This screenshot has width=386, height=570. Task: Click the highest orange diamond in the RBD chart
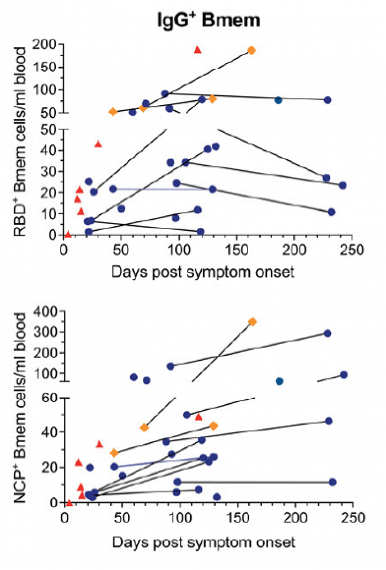click(251, 50)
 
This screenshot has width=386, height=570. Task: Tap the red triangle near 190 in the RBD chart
click(197, 50)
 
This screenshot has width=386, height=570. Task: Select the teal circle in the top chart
click(278, 100)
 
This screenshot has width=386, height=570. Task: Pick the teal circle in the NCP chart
click(280, 381)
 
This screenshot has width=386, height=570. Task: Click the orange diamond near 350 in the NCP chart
click(253, 322)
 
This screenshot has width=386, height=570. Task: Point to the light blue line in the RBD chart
click(162, 189)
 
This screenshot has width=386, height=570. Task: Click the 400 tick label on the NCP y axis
click(47, 312)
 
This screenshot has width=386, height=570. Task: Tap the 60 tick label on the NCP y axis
click(50, 397)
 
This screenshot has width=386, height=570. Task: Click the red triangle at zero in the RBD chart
click(68, 234)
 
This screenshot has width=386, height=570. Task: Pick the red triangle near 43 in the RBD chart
click(98, 144)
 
